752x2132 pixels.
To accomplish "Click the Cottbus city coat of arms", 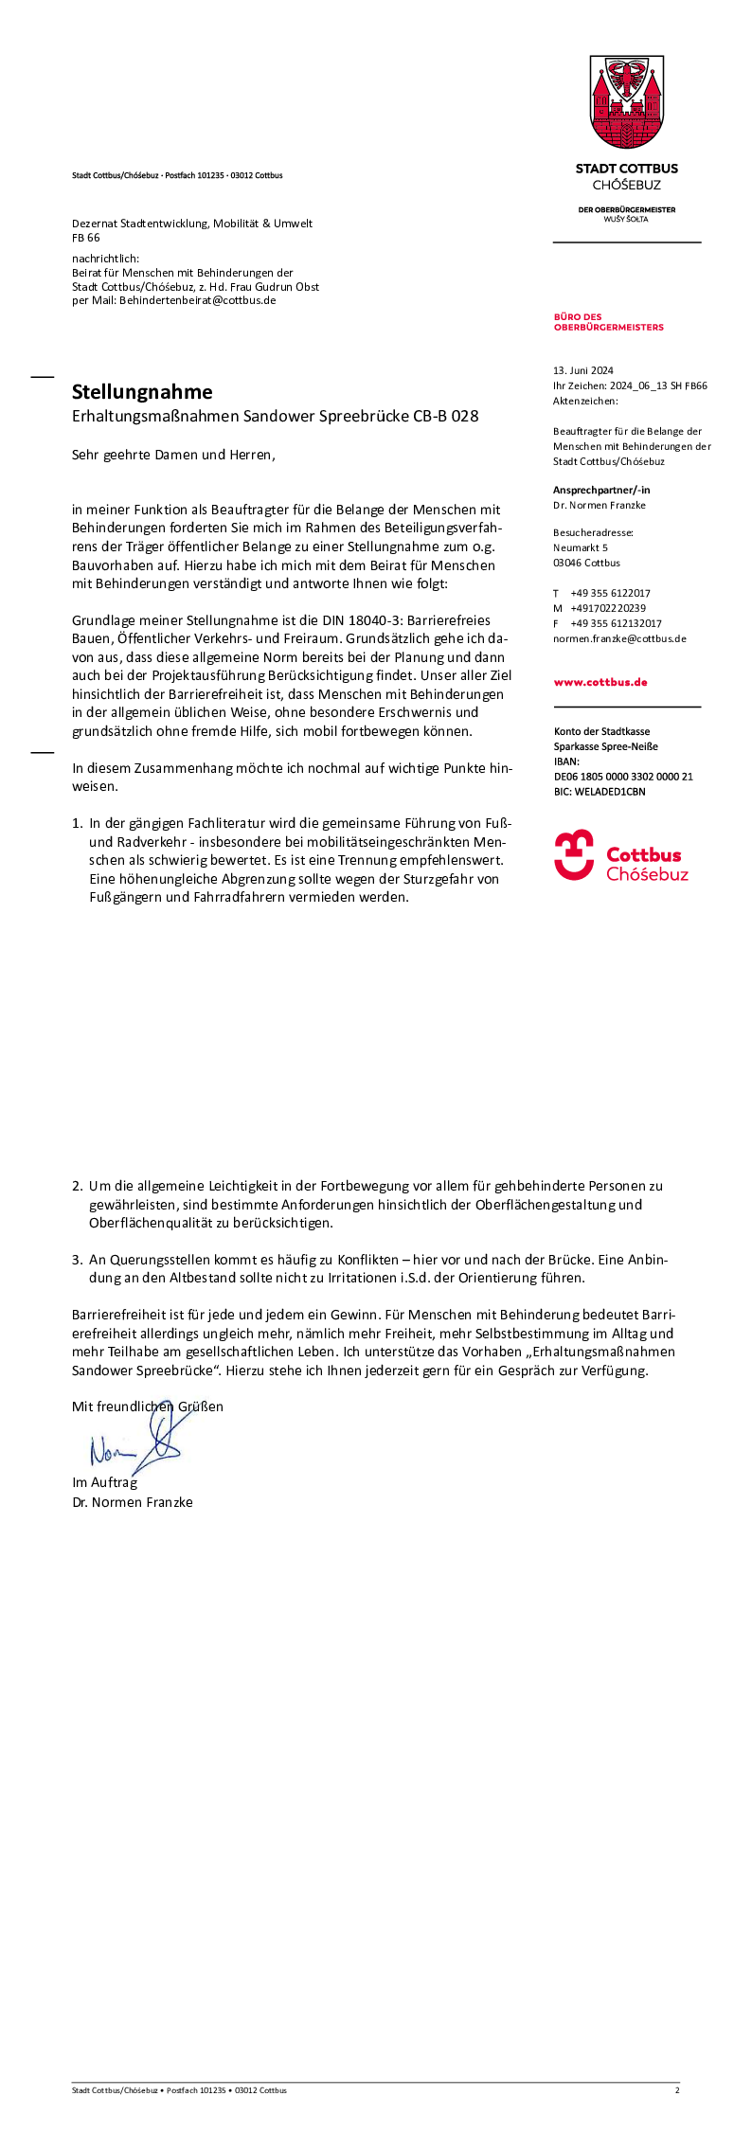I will pos(627,102).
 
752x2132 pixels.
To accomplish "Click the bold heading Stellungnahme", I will pos(142,392).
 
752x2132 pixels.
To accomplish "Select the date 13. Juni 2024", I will pos(583,370).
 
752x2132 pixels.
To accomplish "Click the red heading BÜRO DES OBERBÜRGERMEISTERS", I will pos(608,322).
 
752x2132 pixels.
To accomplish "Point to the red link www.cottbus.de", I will pos(600,682).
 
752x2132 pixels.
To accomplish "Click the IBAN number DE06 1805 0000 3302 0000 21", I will pos(623,777).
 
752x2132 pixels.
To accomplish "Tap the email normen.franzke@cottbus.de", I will pos(619,638).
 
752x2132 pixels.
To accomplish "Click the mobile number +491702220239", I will pos(608,608).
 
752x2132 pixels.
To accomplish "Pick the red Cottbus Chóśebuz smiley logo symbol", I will pos(574,854).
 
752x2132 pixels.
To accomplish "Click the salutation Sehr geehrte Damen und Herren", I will pos(173,455).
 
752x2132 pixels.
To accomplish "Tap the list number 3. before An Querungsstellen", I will pos(77,1260).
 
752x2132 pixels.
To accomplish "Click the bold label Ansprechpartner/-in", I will pos(601,490).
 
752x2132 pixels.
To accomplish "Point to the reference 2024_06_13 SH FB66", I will pos(658,385).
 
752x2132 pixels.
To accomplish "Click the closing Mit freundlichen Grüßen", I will pos(148,1406).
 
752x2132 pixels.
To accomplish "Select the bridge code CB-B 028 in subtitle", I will pos(445,416).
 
